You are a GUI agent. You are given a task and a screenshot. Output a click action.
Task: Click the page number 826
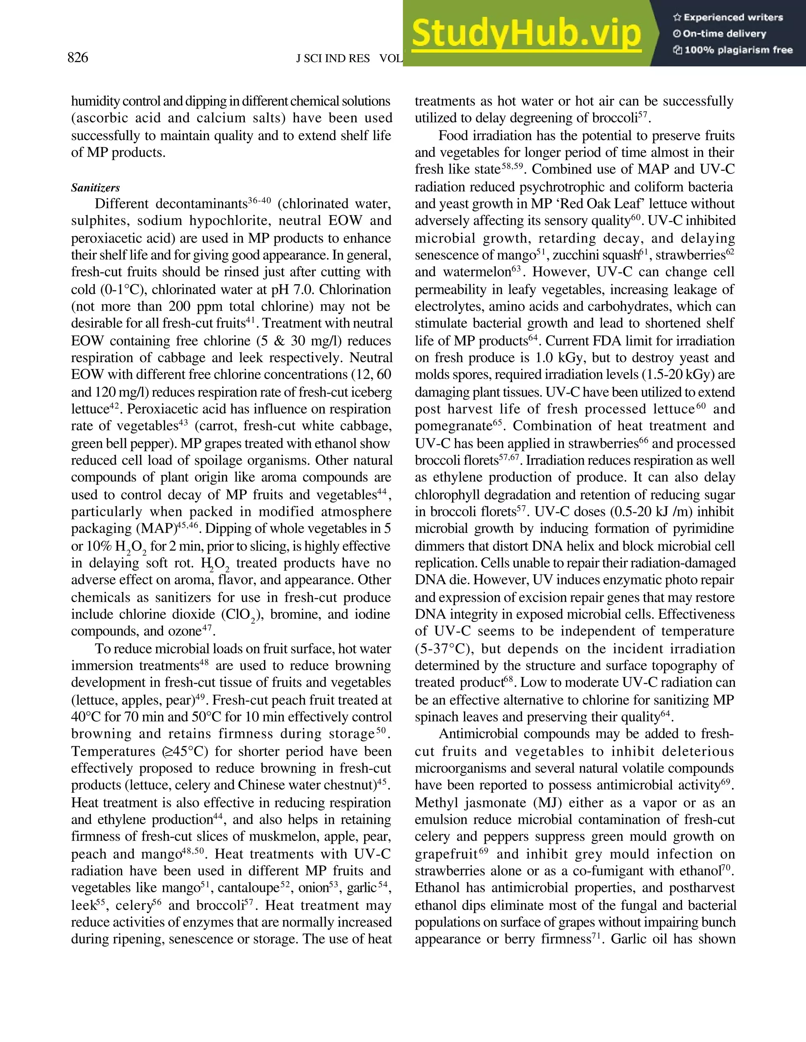pyautogui.click(x=78, y=58)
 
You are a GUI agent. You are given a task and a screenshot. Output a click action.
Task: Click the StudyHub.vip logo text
pyautogui.click(x=526, y=33)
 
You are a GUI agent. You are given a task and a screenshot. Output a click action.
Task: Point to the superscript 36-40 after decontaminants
pyautogui.click(x=259, y=201)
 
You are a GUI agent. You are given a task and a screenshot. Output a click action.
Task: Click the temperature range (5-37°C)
pyautogui.click(x=444, y=649)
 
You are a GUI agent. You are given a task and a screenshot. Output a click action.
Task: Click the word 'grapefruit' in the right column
pyautogui.click(x=446, y=854)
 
